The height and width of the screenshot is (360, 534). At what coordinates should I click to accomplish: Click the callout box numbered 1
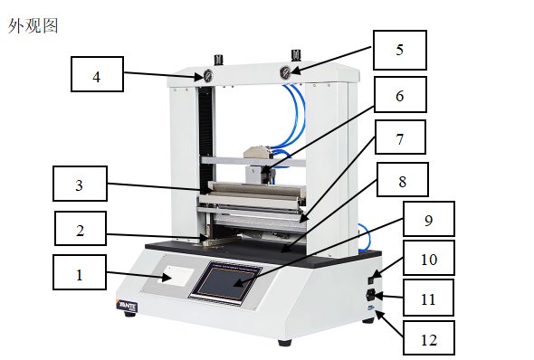point(80,272)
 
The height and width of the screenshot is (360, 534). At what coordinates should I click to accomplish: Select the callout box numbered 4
point(97,74)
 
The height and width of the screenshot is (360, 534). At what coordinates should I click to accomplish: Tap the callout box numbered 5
point(400,50)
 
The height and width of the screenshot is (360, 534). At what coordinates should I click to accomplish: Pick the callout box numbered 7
point(400,137)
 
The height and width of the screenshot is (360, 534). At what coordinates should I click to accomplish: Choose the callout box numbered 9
point(429,219)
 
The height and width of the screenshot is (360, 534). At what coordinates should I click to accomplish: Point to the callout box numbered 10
point(429,258)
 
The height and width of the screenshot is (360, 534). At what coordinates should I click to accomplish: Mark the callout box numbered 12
point(429,338)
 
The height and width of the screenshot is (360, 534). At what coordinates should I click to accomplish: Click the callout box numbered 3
point(80,184)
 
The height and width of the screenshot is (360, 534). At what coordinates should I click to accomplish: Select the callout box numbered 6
point(400,95)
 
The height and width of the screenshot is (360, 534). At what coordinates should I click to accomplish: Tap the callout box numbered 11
point(428,298)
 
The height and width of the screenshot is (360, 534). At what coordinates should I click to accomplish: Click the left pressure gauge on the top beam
point(207,76)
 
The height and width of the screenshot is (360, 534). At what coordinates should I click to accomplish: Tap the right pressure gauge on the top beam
point(285,72)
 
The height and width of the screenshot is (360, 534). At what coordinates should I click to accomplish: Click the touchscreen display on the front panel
point(225,282)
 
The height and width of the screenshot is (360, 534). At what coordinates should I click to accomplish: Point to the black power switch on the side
point(372,280)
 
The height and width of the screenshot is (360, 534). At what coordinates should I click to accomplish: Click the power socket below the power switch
point(371,295)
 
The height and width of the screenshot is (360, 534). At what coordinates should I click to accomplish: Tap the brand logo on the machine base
point(127,305)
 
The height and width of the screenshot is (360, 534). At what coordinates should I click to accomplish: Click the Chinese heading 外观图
point(33,26)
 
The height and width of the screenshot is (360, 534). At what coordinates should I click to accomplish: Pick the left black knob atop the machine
point(219,59)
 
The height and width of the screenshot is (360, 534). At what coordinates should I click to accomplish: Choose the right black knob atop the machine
point(296,55)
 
